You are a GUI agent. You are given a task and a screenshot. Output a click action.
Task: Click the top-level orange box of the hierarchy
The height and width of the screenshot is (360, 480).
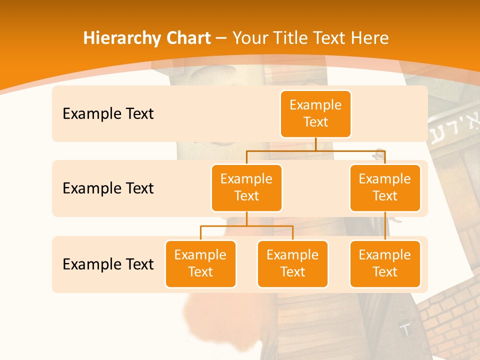[315, 114]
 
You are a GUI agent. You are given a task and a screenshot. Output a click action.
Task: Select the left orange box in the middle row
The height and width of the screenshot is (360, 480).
[246, 188]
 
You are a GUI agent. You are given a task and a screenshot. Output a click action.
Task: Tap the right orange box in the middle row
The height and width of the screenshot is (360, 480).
[385, 188]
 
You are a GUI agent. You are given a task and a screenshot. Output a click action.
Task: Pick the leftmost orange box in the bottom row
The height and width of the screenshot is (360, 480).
[200, 264]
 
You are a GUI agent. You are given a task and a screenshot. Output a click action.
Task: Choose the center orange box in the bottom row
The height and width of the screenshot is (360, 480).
[292, 264]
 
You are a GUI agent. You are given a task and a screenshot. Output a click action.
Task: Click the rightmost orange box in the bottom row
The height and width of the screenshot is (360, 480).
[385, 264]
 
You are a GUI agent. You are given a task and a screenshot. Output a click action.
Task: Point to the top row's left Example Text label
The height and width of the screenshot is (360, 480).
[108, 114]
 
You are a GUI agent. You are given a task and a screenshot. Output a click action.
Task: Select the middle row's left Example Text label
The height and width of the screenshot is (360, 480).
[108, 188]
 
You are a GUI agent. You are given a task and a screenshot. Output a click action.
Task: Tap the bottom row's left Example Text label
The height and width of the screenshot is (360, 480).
[108, 264]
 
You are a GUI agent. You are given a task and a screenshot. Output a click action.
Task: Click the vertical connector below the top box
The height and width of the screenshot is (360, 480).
[315, 144]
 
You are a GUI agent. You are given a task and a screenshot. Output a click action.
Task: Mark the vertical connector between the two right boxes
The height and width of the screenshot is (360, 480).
[385, 226]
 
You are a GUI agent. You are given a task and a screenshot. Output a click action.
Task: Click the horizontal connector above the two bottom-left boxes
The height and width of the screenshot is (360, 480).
[246, 226]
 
